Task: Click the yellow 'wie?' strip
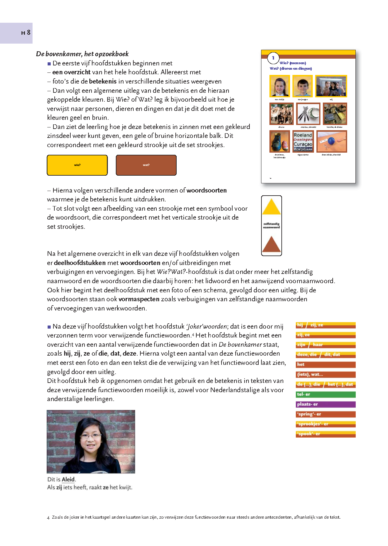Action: (77, 165)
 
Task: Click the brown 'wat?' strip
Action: (146, 165)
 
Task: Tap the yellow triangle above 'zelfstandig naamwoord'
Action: (271, 207)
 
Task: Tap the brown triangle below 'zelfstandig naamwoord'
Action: (271, 245)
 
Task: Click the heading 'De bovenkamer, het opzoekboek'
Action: (82, 54)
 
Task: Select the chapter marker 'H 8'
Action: (26, 33)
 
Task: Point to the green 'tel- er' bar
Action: (325, 394)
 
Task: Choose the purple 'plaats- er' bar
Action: (325, 404)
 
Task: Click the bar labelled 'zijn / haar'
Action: (325, 345)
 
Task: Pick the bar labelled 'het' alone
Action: (325, 365)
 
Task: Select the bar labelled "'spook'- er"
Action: (325, 434)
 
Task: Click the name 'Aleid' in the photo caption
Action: (68, 479)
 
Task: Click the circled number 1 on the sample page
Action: (273, 58)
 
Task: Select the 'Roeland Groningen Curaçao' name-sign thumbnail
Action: (303, 142)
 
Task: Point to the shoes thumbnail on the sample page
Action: (280, 142)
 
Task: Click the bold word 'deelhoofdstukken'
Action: (80, 263)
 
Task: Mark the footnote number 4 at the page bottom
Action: (48, 518)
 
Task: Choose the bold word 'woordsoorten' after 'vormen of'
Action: (206, 190)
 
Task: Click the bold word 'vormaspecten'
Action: (139, 299)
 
